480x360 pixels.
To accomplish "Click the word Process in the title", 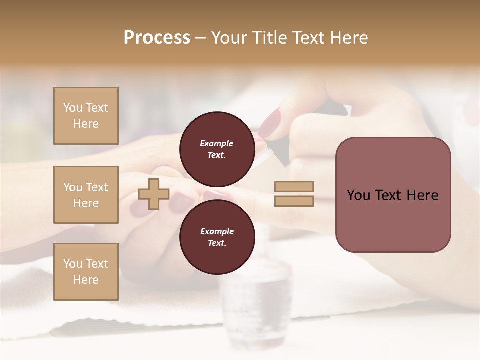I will pyautogui.click(x=157, y=38).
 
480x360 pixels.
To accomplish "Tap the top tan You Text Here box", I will pyautogui.click(x=86, y=116).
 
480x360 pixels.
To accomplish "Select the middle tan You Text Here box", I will pyautogui.click(x=86, y=195).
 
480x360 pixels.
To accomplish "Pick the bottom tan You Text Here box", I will pyautogui.click(x=86, y=272).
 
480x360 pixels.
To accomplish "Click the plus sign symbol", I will pyautogui.click(x=154, y=194).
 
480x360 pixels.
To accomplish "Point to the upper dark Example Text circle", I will pyautogui.click(x=217, y=149).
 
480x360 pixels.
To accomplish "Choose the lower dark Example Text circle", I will pyautogui.click(x=217, y=237).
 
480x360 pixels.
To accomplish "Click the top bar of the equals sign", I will pyautogui.click(x=294, y=186).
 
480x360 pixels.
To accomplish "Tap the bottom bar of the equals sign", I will pyautogui.click(x=294, y=201).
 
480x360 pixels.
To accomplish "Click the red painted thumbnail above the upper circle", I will pyautogui.click(x=270, y=123).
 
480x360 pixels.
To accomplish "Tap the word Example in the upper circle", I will pyautogui.click(x=217, y=143).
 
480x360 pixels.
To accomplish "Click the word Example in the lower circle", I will pyautogui.click(x=217, y=231).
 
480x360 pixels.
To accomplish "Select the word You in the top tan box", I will pyautogui.click(x=72, y=108).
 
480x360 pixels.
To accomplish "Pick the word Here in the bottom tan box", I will pyautogui.click(x=86, y=280).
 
